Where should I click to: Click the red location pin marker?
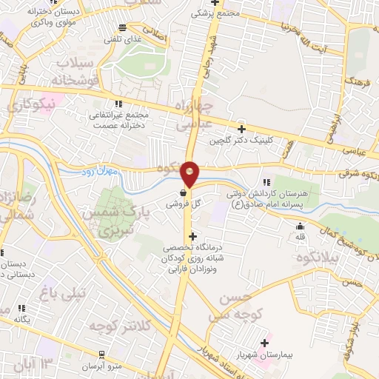190,174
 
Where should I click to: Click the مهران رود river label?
98,171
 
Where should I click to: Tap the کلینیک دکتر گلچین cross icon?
241,129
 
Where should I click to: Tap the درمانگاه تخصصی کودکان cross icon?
193,237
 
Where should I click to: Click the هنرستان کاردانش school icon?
266,182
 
